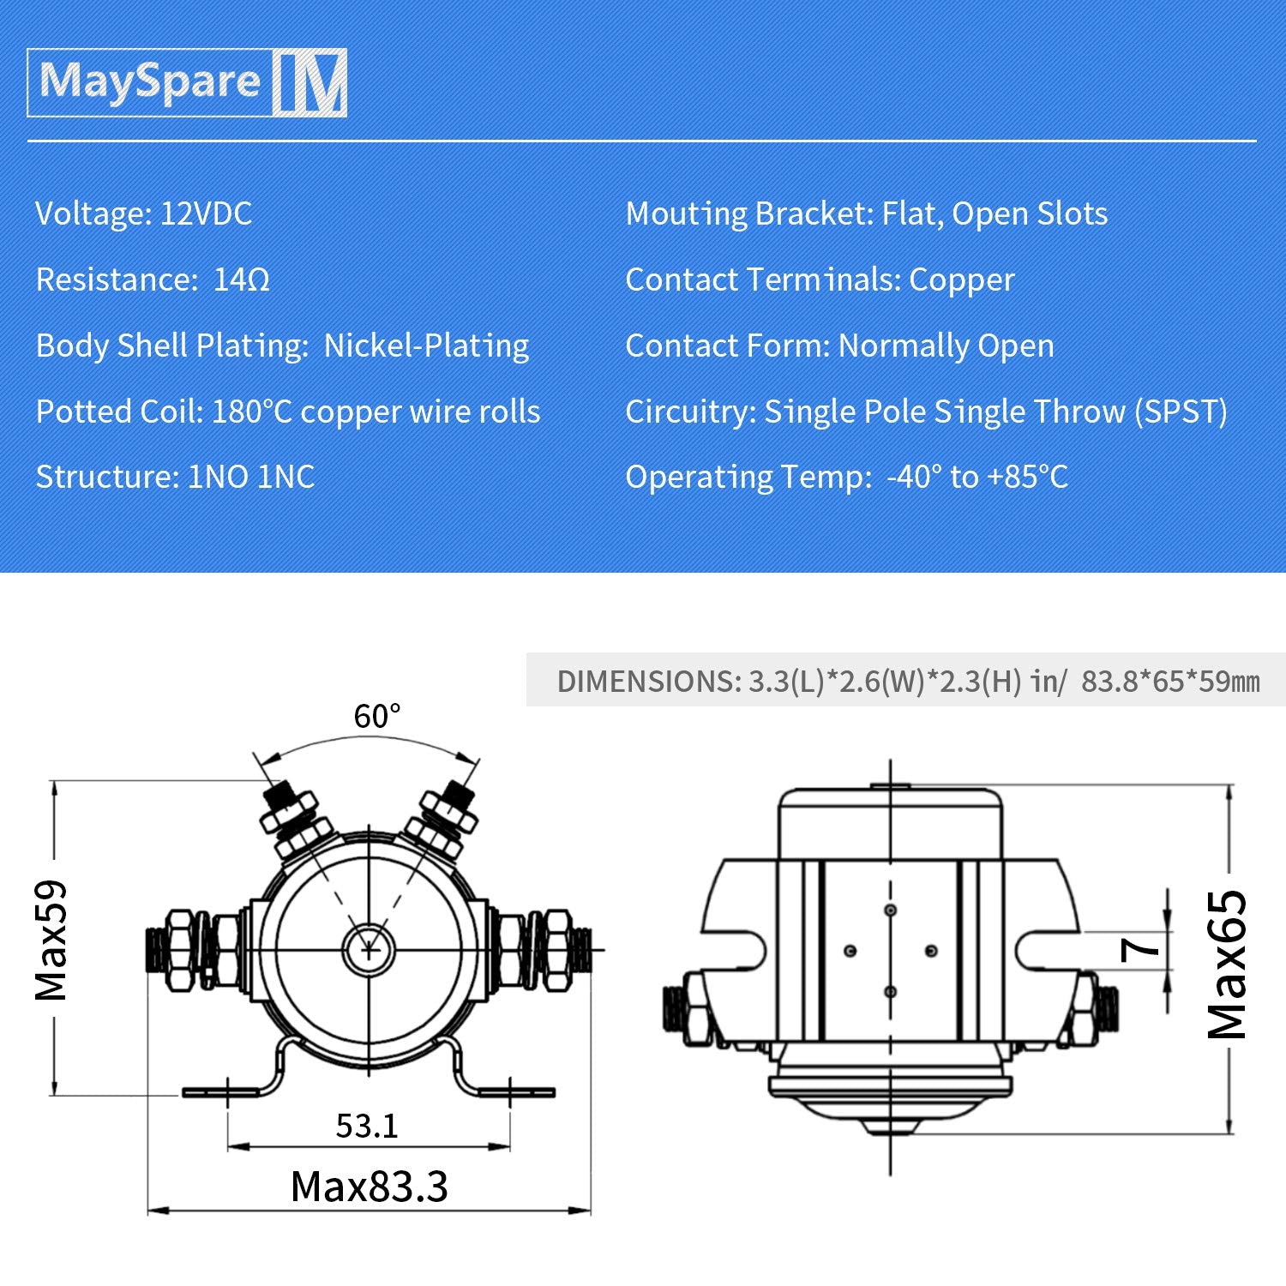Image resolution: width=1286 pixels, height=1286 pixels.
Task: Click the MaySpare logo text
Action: pos(150,82)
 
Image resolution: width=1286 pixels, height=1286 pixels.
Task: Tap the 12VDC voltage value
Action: pos(206,213)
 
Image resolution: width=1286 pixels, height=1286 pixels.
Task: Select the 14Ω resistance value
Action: pos(241,279)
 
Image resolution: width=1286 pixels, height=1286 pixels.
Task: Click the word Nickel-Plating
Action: pos(426,346)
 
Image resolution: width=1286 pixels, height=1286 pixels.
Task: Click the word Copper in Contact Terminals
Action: pos(961,279)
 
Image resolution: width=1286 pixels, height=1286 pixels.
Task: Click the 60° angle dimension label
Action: pos(377,716)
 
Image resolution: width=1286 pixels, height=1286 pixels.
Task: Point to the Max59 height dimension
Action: pos(51,940)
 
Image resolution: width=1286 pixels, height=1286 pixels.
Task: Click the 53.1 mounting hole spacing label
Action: pos(367,1126)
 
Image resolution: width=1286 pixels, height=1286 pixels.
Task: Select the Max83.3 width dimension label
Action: pos(369,1187)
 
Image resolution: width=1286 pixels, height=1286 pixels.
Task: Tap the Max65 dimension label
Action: pos(1227,964)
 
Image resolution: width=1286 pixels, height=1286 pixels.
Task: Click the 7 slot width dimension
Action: pos(1140,948)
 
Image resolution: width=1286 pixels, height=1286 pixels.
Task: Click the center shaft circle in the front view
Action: pos(369,950)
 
